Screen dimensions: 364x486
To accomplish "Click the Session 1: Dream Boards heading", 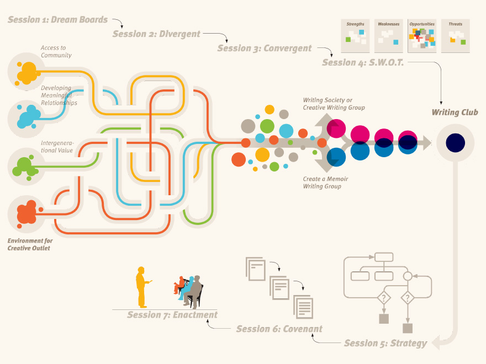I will click(57, 20).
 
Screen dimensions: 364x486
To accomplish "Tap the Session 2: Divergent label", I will click(156, 34).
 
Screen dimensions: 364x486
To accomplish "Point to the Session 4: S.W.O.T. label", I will click(363, 63).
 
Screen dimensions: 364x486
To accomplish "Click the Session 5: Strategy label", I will click(385, 343).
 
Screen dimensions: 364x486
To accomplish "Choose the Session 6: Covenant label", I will click(279, 329).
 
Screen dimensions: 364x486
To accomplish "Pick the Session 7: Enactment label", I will click(172, 315).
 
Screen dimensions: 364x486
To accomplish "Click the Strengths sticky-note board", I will click(355, 36).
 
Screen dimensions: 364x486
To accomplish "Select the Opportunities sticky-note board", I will click(422, 36).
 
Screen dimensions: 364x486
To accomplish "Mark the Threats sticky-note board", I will click(455, 36).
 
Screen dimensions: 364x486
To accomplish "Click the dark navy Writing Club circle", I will click(456, 143).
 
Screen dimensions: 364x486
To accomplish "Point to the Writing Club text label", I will click(455, 113).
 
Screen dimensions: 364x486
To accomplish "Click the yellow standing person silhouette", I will click(142, 287).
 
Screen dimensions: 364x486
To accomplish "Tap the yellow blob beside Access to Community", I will click(27, 72).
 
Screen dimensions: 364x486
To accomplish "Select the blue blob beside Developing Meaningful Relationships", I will click(27, 117).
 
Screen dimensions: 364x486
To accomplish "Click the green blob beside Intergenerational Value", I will click(25, 165).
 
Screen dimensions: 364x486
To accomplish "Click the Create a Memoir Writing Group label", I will click(325, 183).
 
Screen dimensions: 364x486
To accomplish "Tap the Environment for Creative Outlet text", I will click(30, 244).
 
